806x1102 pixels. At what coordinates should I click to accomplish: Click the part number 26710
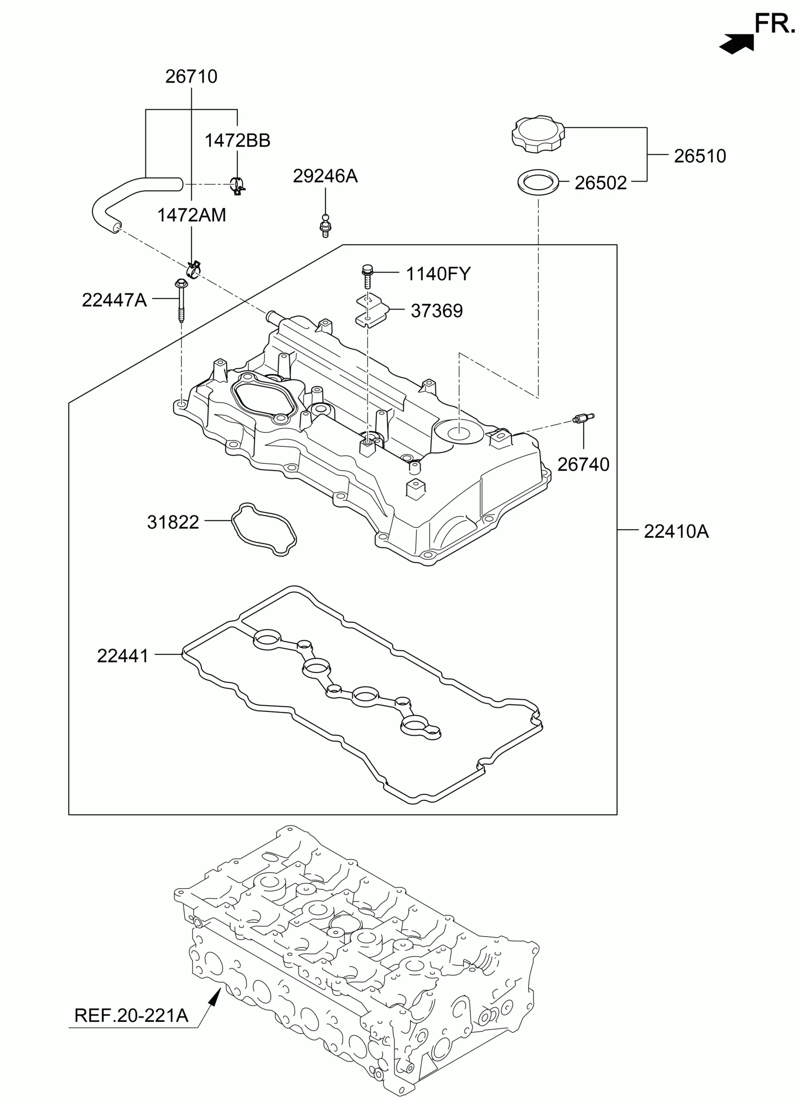click(x=191, y=77)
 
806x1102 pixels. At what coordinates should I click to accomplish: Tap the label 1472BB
click(x=237, y=140)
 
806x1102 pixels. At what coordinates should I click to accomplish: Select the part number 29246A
click(x=325, y=176)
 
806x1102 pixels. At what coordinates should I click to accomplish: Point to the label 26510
click(x=700, y=156)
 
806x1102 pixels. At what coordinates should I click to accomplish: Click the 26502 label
click(x=600, y=183)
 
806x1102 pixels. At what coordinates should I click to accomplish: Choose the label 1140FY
click(x=438, y=274)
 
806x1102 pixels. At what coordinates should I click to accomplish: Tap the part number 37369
click(x=436, y=311)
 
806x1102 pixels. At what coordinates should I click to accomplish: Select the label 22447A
click(x=114, y=300)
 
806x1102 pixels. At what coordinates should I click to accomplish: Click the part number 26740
click(x=583, y=464)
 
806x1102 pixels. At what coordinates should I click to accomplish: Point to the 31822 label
click(x=173, y=522)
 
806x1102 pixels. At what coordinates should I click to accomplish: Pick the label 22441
click(x=122, y=656)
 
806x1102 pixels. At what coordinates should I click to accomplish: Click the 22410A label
click(x=676, y=531)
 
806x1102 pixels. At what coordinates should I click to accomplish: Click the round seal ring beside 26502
click(x=538, y=183)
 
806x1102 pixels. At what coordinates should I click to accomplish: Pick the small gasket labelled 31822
click(x=263, y=529)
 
